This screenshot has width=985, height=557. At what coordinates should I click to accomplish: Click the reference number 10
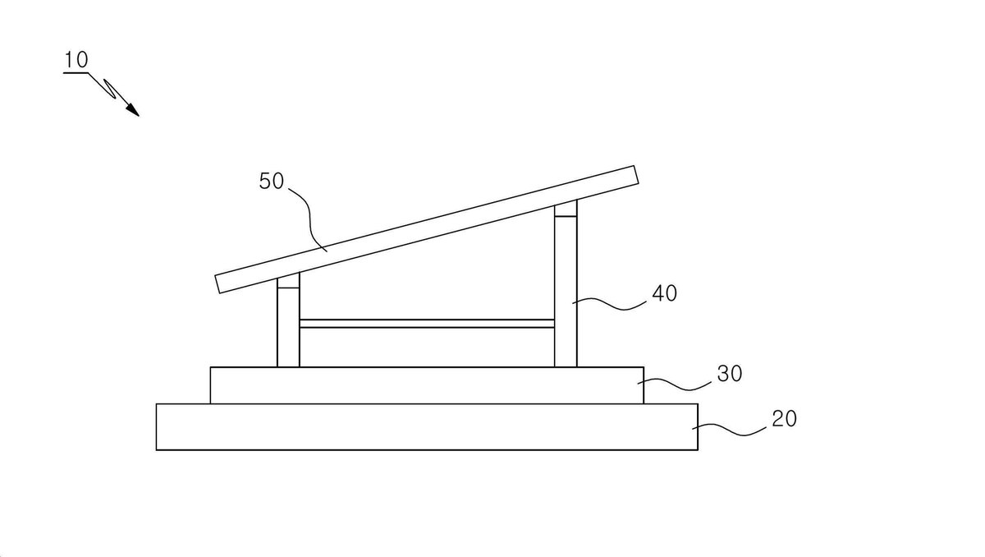[x=76, y=59]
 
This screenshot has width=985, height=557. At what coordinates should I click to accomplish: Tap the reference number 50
[x=272, y=181]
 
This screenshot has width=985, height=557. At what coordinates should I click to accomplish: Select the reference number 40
[x=664, y=293]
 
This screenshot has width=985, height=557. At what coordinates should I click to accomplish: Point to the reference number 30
[x=730, y=373]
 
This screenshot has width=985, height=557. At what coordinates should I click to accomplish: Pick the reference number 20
[x=784, y=418]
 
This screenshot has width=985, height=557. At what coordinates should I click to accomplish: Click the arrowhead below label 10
[x=133, y=110]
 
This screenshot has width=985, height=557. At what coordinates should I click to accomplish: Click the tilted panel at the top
[x=427, y=229]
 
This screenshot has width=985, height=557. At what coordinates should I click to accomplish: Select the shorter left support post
[x=288, y=320]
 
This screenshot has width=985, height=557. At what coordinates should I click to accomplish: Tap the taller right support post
[x=566, y=283]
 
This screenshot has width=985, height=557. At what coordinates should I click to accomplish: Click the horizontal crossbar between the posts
[x=427, y=324]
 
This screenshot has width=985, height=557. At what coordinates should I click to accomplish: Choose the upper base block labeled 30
[x=427, y=385]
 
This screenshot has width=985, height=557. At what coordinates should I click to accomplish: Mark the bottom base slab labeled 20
[x=427, y=426]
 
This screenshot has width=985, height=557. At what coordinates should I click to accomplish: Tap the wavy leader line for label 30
[x=674, y=385]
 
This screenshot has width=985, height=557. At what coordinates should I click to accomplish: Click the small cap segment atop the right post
[x=566, y=209]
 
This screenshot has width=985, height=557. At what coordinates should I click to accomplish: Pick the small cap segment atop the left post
[x=288, y=282]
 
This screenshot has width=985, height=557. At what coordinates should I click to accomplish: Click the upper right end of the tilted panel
[x=636, y=175]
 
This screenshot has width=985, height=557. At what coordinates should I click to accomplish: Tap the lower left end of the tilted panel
[x=218, y=284]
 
